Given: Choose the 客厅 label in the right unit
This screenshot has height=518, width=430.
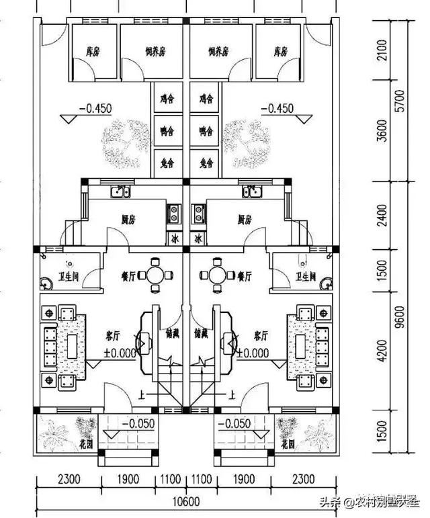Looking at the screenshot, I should (260, 335).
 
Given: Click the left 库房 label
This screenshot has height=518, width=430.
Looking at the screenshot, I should (93, 51).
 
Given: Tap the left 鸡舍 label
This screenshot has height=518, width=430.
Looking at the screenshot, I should (167, 99).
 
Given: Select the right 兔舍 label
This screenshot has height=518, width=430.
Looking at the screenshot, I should (206, 163).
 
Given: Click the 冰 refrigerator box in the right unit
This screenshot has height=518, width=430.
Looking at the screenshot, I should (198, 239).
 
